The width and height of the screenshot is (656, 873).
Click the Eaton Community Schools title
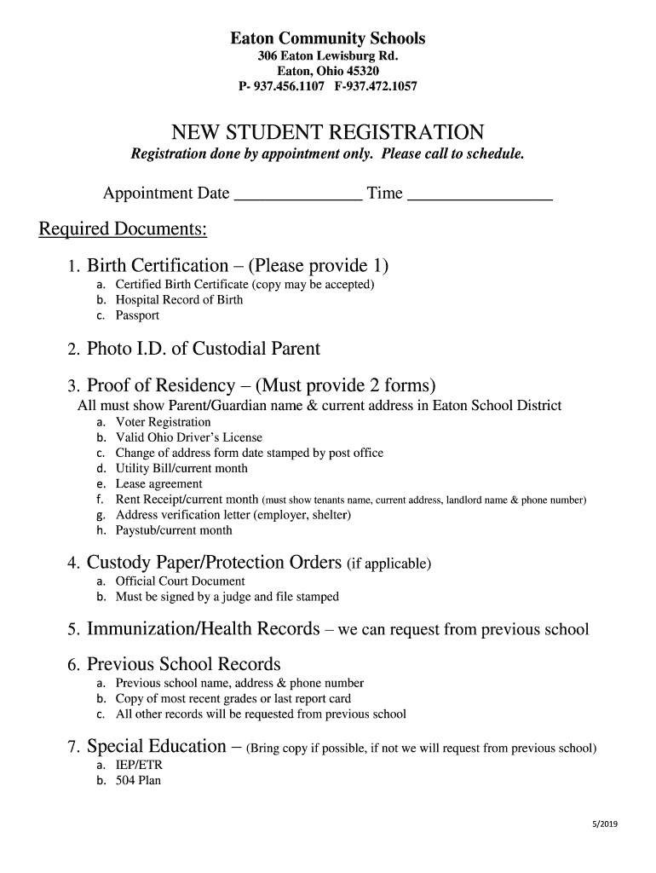tap(328, 38)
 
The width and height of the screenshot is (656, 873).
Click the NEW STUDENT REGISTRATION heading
tap(328, 132)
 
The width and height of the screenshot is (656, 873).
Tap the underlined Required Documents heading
tap(124, 230)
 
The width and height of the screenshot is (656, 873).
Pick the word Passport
tap(137, 315)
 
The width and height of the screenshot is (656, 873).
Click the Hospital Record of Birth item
tap(179, 300)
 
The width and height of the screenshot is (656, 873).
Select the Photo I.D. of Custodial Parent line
tap(204, 349)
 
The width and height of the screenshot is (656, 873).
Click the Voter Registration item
tap(163, 422)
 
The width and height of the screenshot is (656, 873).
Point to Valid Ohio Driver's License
tap(189, 437)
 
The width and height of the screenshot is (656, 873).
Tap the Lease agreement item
tap(158, 483)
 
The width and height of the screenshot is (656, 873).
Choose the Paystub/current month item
tap(174, 530)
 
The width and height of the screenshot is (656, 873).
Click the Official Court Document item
tap(180, 581)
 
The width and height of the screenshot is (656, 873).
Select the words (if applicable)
tap(388, 564)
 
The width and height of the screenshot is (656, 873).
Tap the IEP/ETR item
tap(139, 765)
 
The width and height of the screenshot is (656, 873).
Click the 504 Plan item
tap(138, 780)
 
